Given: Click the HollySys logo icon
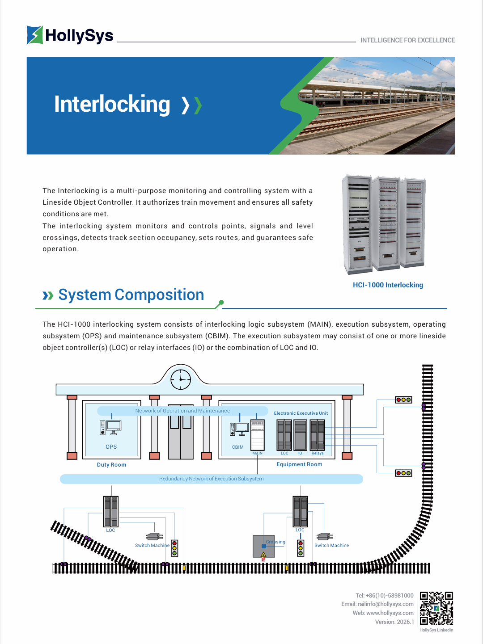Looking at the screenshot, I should point(35,35).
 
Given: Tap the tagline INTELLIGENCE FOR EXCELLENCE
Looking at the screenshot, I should point(407,40).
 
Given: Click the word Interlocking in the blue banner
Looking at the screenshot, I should point(112,104).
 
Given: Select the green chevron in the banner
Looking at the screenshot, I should point(198,105).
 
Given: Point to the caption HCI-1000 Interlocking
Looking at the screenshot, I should point(388,285).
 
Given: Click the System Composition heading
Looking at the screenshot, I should point(131,295).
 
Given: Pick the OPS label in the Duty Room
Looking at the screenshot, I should point(111,447).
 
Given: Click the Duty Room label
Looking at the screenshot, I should point(111,465).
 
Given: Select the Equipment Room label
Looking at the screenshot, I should point(299,464).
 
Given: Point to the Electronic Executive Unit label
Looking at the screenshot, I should point(301,413).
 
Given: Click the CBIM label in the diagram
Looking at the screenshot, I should point(238,447).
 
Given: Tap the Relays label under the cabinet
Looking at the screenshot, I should point(318,453).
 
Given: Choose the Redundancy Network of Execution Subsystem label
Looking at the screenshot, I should point(211,479).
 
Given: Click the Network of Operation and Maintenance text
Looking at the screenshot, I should point(182,411).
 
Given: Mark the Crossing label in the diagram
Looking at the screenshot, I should point(275,542).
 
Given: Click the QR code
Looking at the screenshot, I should point(436,608).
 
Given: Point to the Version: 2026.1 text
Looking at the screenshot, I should point(394,622).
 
